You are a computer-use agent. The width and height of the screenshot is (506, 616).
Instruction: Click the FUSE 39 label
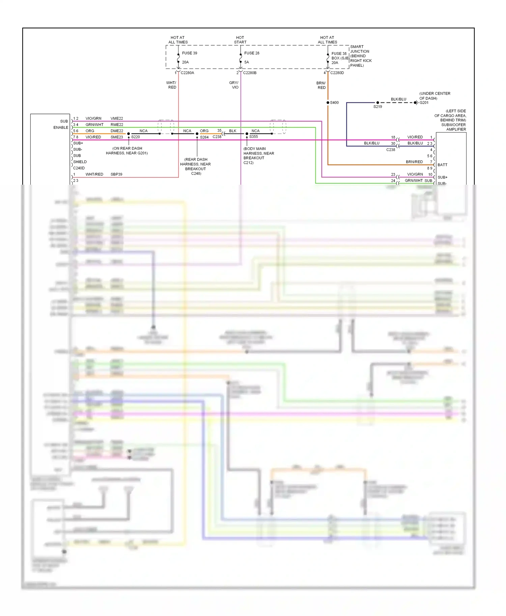tap(189, 53)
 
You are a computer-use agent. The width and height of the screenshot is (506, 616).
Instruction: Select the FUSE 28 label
tap(252, 53)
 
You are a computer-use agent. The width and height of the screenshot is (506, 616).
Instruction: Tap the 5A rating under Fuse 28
tap(247, 62)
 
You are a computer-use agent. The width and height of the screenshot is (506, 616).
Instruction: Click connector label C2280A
tap(187, 73)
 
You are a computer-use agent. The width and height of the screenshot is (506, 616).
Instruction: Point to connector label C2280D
tap(337, 73)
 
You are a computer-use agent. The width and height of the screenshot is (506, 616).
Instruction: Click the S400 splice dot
tap(328, 102)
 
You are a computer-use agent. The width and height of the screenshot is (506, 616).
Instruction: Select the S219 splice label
tap(377, 107)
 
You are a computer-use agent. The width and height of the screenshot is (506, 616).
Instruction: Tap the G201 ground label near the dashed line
tap(424, 103)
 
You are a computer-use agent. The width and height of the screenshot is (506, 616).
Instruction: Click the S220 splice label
tap(135, 137)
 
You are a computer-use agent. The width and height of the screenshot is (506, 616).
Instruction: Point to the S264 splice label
tap(204, 137)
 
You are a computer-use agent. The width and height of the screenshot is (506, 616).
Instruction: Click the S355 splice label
tap(254, 137)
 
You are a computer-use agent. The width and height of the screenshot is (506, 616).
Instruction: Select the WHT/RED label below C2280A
tap(171, 85)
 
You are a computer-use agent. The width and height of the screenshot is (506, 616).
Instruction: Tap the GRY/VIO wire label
tap(234, 85)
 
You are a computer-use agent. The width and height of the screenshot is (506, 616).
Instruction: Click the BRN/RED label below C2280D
tap(321, 85)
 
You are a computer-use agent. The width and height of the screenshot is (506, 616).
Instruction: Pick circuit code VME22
tap(117, 119)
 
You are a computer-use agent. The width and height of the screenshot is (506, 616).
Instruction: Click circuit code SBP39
tap(116, 175)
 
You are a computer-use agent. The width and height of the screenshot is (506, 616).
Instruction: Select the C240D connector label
tap(79, 168)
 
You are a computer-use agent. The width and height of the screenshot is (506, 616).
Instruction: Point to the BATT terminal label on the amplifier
tap(442, 165)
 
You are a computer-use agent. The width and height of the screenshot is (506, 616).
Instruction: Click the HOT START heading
tap(240, 40)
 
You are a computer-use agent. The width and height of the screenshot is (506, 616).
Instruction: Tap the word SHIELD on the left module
tap(80, 162)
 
